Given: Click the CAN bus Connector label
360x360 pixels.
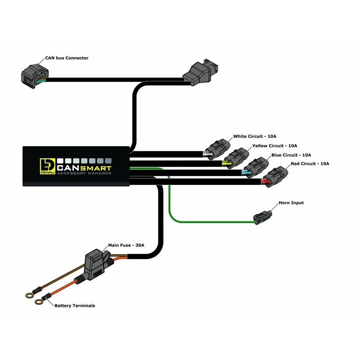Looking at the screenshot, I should (67, 58).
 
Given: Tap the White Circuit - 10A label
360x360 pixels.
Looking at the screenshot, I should (255, 136).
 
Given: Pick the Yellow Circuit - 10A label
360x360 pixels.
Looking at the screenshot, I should (274, 146).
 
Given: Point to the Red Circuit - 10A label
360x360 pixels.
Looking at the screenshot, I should (310, 163).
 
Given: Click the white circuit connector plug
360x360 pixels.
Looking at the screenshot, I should (217, 148).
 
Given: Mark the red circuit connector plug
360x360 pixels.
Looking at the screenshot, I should (275, 175).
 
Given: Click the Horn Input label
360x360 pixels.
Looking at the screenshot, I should (291, 203).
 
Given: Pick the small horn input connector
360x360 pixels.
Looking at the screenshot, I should (262, 216).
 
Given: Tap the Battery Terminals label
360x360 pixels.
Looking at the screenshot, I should (75, 306).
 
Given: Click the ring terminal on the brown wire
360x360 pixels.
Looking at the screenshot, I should (29, 296).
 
